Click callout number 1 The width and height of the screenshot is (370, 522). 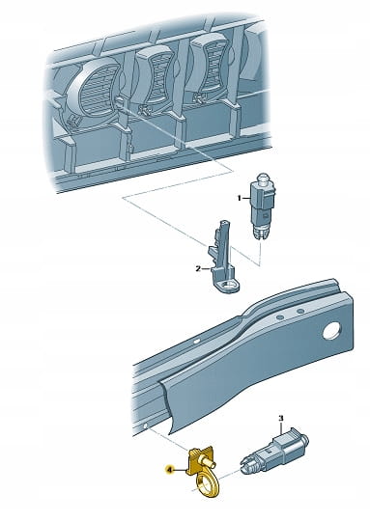pos(239,199)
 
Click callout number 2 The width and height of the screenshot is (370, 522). pos(198,268)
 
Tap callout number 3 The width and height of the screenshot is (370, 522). pos(281,418)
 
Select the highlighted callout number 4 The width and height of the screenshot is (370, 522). pos(170,470)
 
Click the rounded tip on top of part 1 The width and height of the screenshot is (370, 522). pos(264,177)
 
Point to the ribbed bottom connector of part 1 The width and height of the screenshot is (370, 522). pos(261,233)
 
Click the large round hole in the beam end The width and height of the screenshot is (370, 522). pos(331,331)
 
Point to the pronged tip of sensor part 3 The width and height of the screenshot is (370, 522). pos(245,464)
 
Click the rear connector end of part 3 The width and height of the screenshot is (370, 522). pos(300,439)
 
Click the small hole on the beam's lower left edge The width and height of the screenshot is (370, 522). pos(146,426)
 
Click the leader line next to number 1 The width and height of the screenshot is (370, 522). pos(246,199)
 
